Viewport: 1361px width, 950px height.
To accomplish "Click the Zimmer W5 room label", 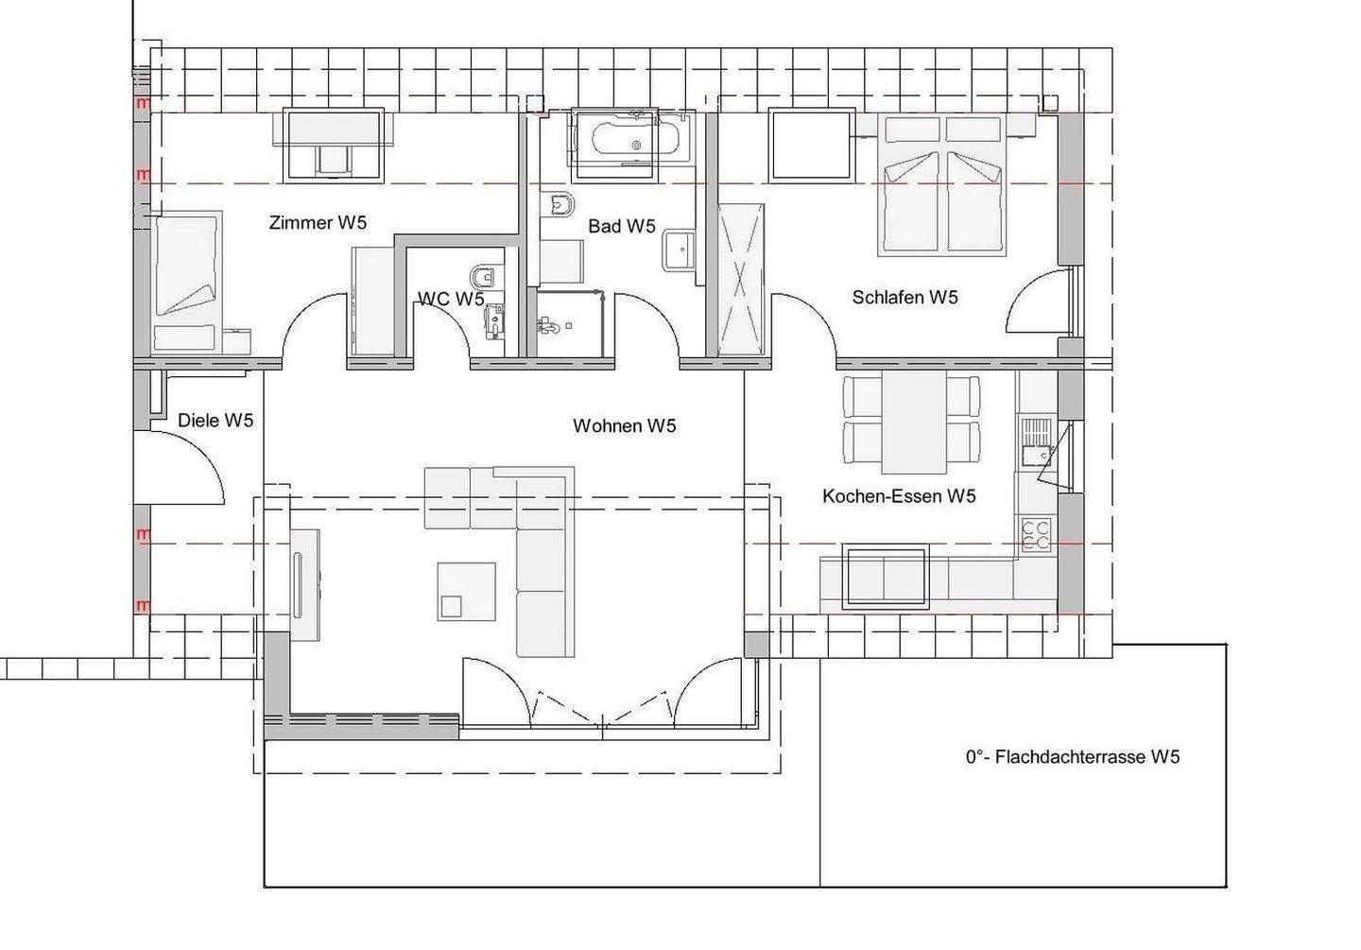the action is click(318, 222).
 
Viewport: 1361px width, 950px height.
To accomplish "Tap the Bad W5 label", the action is click(622, 226).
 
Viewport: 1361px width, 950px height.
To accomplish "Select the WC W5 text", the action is click(451, 299).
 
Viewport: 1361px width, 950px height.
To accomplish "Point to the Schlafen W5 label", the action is click(904, 297).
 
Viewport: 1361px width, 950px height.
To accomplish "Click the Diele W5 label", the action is click(215, 420).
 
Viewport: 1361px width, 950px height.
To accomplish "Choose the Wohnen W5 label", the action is click(624, 425).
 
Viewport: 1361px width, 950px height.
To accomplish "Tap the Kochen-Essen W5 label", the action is click(899, 496).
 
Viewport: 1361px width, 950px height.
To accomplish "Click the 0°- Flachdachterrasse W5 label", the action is click(1073, 757).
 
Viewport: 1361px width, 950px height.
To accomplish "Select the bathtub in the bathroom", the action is click(635, 139).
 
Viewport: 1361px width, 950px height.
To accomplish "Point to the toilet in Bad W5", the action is click(559, 204).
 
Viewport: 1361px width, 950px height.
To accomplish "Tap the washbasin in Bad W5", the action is click(680, 250).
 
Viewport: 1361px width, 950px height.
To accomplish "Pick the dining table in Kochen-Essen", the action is click(914, 423).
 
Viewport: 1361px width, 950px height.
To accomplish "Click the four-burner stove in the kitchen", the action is click(1035, 534).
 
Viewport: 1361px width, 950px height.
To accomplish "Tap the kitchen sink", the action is click(1037, 440).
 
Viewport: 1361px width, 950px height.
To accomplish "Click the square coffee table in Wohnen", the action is click(467, 592).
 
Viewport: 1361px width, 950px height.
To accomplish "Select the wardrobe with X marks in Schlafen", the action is click(741, 280).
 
